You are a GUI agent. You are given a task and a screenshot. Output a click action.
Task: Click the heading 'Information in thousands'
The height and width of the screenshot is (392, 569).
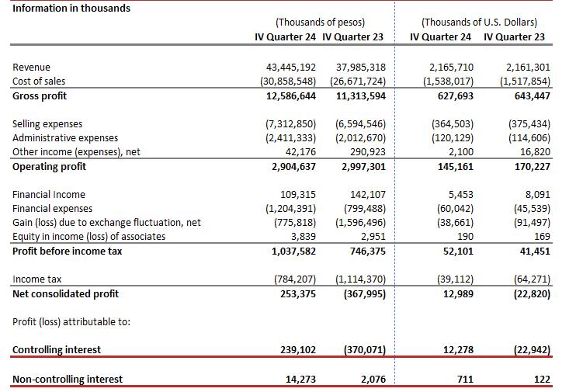71,8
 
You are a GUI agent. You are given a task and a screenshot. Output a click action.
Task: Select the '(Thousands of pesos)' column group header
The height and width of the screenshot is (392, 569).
320,23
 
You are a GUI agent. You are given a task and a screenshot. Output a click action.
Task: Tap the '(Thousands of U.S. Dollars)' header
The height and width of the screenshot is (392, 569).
479,23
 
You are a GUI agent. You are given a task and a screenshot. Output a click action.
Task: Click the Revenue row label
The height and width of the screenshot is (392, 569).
32,68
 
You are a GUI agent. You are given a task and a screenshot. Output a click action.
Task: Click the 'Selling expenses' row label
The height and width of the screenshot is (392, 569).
47,124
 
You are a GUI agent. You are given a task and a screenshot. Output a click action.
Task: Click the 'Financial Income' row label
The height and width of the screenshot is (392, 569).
49,195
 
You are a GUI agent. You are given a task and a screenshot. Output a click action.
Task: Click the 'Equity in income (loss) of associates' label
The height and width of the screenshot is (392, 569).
89,237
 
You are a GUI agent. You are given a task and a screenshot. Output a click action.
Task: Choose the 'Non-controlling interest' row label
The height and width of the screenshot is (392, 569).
68,380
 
